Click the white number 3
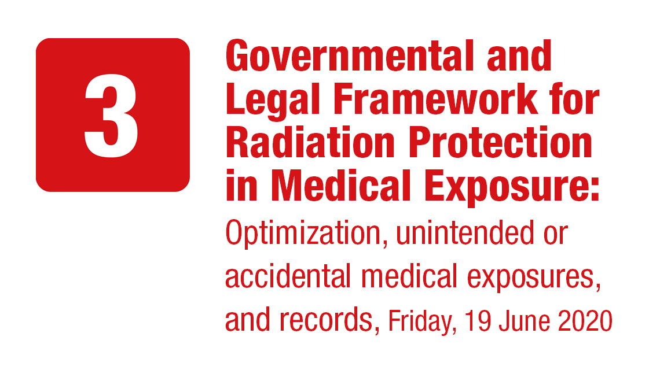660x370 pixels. pos(111,116)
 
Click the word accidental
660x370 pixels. pos(288,276)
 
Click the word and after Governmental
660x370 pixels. pos(519,55)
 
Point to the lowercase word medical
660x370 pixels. pos(409,276)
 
